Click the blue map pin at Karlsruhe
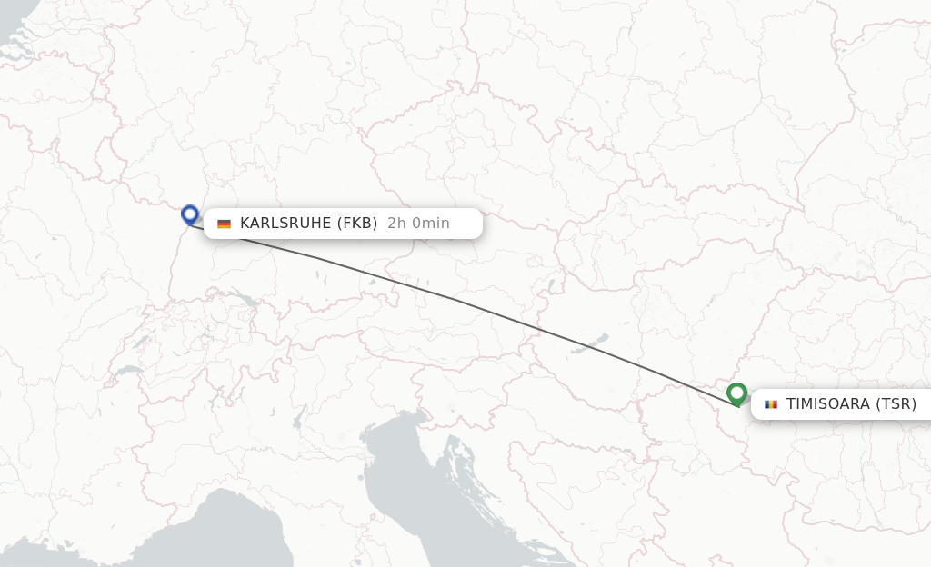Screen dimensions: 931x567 click(x=190, y=214)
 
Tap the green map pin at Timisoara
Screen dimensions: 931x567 click(x=737, y=393)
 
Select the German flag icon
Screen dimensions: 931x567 click(x=224, y=224)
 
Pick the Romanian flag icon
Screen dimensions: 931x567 click(x=771, y=404)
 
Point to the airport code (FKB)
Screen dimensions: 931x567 click(x=357, y=224)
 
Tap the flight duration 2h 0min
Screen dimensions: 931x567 click(x=418, y=224)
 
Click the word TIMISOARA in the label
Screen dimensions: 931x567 click(x=827, y=404)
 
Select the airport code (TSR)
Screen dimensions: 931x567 click(x=896, y=404)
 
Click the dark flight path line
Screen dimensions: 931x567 click(x=455, y=300)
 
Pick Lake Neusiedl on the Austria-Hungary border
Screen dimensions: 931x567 click(x=551, y=287)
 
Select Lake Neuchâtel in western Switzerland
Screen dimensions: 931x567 click(x=144, y=340)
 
